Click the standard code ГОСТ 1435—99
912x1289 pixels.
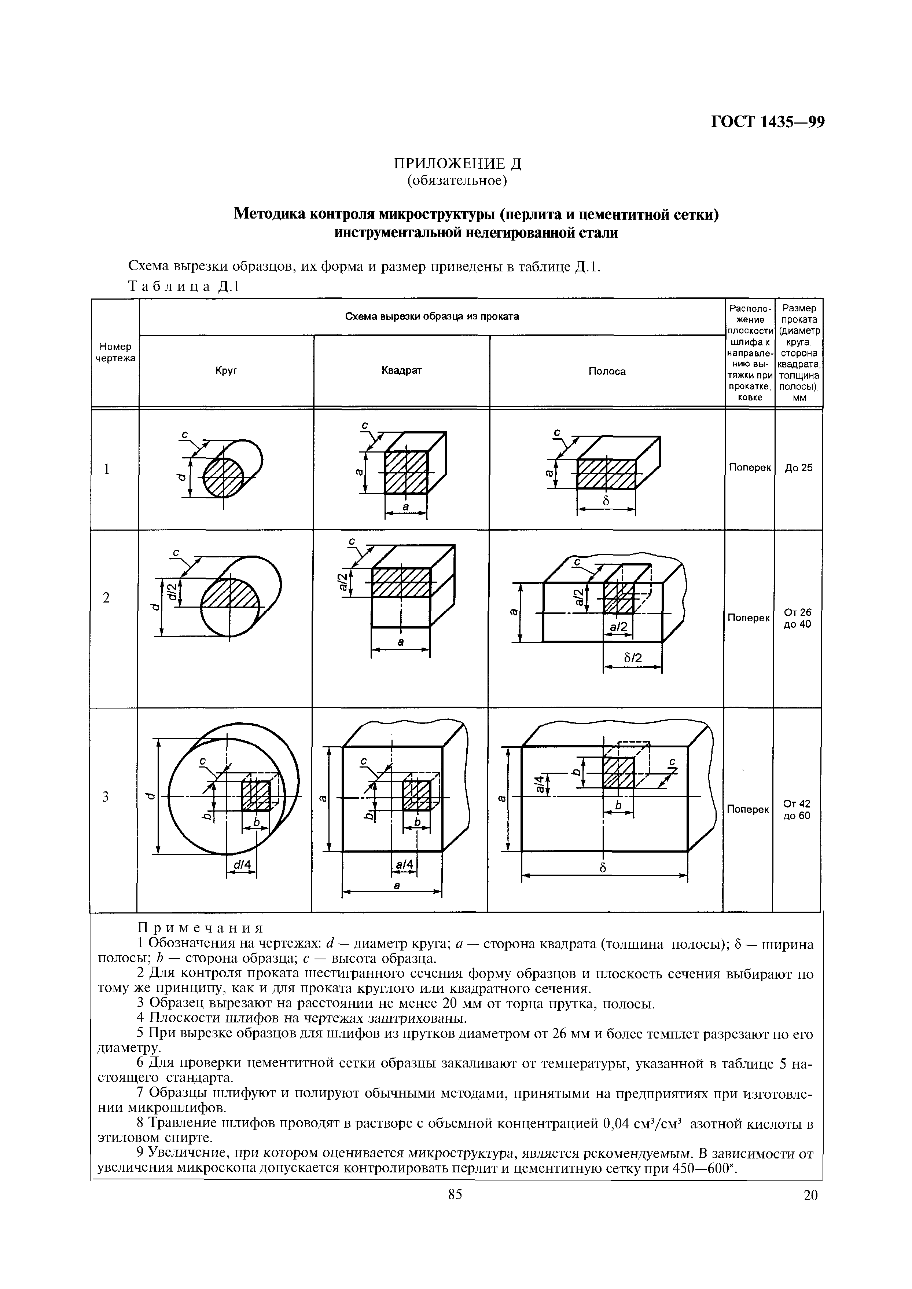point(767,122)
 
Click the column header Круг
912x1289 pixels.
point(226,371)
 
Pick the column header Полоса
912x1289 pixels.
point(607,371)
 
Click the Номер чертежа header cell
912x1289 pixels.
point(115,352)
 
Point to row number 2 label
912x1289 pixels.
point(106,598)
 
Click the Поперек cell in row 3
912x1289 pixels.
point(747,809)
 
